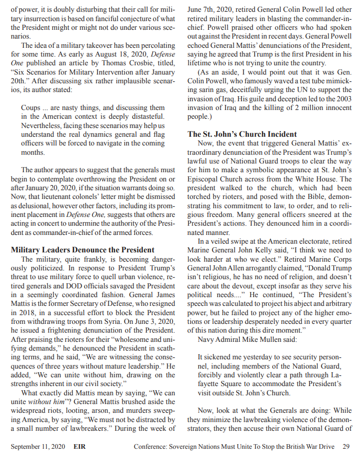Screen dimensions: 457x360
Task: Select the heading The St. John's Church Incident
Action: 242,134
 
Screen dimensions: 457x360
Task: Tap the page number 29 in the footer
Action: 346,446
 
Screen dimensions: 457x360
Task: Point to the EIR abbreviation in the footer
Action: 80,446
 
